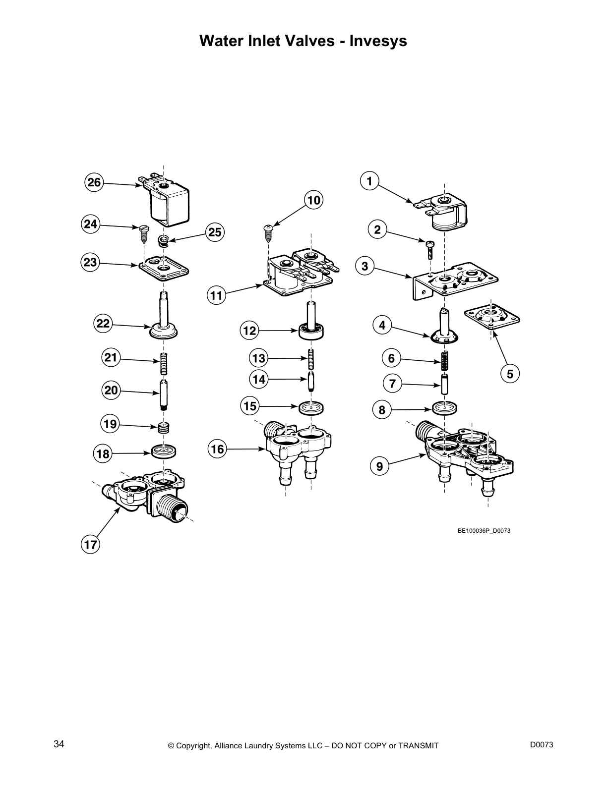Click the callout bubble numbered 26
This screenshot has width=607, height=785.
[94, 182]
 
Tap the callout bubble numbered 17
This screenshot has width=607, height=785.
[90, 545]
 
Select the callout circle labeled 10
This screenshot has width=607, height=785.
[313, 200]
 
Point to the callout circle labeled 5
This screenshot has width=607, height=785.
[510, 374]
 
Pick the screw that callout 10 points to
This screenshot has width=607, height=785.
[268, 230]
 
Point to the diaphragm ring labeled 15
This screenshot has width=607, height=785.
[312, 408]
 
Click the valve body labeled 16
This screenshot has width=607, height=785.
[298, 444]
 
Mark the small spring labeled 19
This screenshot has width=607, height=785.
[164, 427]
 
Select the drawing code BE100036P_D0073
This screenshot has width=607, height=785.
[484, 531]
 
